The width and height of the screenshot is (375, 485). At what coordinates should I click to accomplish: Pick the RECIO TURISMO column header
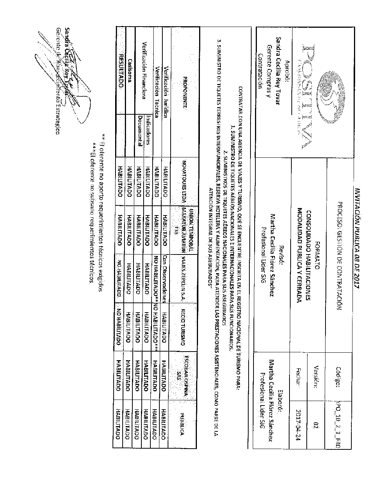[184, 326]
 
